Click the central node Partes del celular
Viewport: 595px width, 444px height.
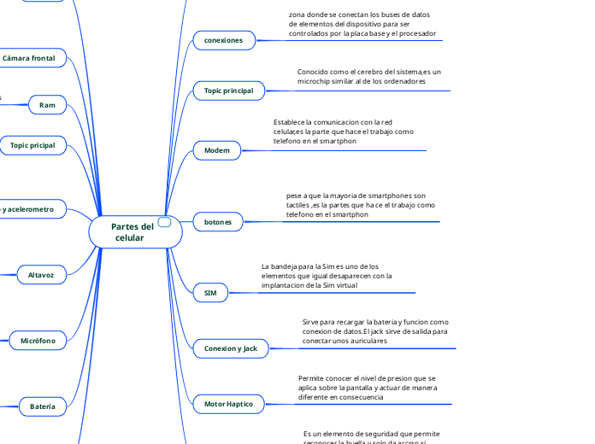click(x=133, y=231)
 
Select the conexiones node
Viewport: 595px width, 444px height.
click(x=223, y=40)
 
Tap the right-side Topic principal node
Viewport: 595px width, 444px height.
click(x=229, y=91)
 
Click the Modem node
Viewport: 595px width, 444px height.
click(x=217, y=150)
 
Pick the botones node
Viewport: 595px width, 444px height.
click(x=218, y=222)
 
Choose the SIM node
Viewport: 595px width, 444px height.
click(x=210, y=293)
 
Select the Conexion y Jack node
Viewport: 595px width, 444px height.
click(x=231, y=348)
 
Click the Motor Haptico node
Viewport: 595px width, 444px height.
click(x=228, y=403)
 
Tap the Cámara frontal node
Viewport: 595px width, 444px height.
click(x=29, y=59)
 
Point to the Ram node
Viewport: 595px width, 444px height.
click(x=47, y=104)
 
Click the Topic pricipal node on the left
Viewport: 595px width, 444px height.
click(x=32, y=146)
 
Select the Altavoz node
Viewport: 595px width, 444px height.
click(x=41, y=275)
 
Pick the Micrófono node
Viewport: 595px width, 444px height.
click(x=38, y=341)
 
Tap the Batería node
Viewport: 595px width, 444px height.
click(x=42, y=406)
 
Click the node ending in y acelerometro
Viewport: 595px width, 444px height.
click(x=29, y=209)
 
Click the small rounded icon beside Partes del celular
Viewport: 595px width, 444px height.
click(x=165, y=222)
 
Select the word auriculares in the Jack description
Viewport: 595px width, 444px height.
click(x=364, y=341)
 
